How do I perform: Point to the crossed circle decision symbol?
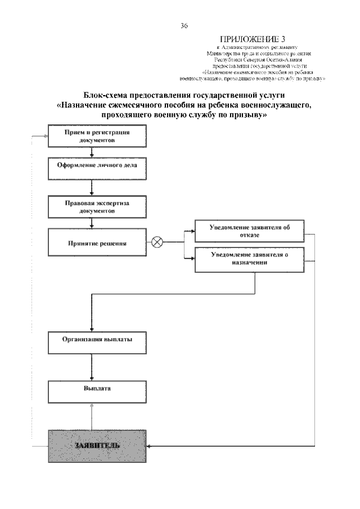tap(157, 243)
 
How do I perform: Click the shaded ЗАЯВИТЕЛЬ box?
tap(97, 445)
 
